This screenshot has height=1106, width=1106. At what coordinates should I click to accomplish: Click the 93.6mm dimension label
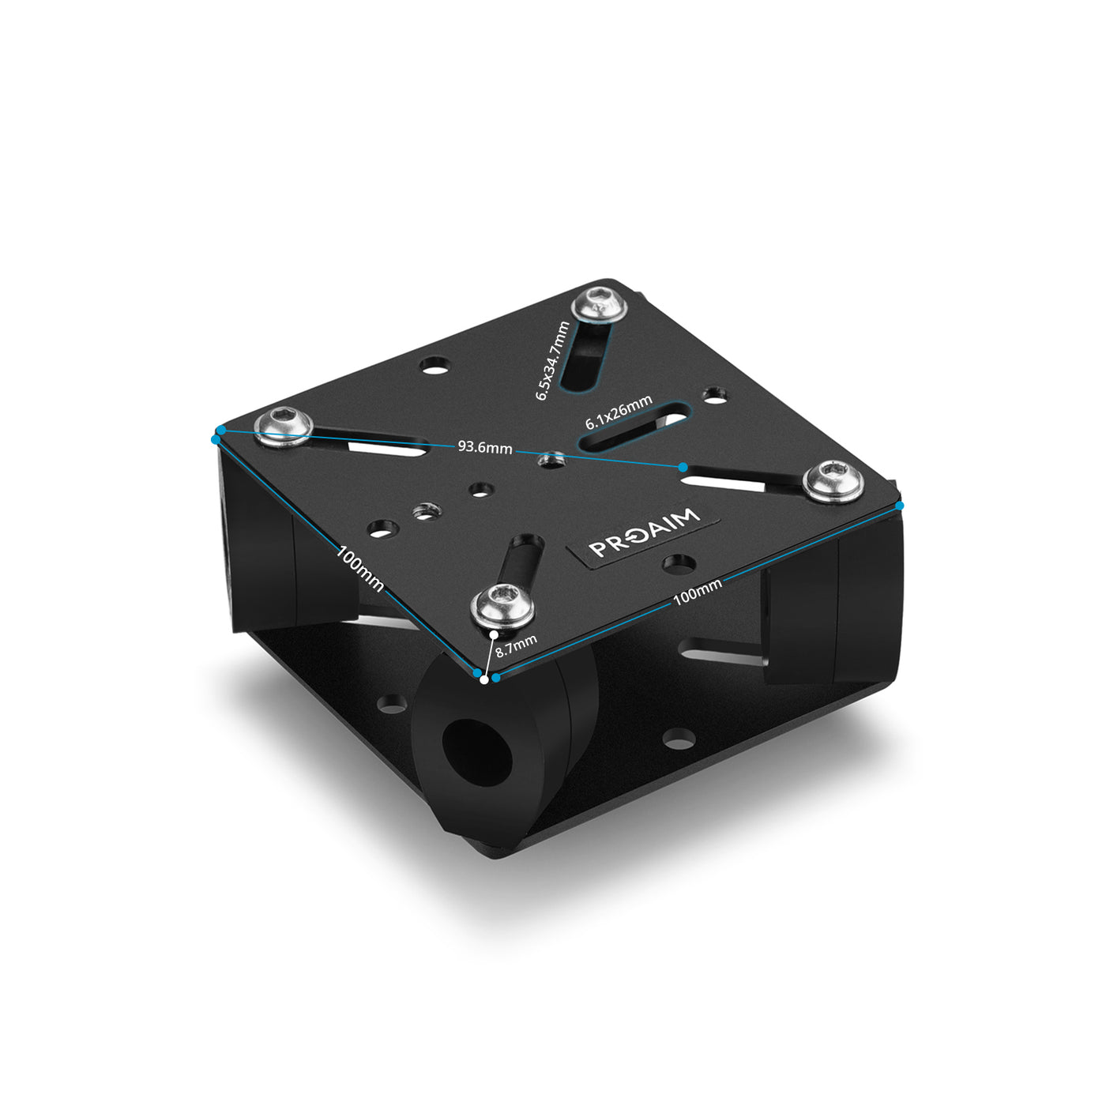(x=485, y=448)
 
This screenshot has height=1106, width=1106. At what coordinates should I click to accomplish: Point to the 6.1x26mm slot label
(x=619, y=412)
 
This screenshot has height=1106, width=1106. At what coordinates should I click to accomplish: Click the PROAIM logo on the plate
(x=644, y=534)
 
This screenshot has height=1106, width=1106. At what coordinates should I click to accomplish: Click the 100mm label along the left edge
(x=360, y=568)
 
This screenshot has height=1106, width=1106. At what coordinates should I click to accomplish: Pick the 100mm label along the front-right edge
(x=698, y=592)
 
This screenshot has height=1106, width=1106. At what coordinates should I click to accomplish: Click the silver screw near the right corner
(x=833, y=481)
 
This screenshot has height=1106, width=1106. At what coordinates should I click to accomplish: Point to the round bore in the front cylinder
(x=476, y=760)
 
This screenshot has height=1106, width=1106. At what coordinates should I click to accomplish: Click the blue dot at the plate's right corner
(x=900, y=505)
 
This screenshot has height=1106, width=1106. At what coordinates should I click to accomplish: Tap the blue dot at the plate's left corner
(x=216, y=438)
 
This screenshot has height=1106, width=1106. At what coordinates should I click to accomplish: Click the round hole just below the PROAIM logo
(x=678, y=563)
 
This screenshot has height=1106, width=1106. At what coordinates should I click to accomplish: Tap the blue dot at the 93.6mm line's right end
(x=683, y=468)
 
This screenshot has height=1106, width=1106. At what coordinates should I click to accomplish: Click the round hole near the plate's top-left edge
(x=433, y=365)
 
